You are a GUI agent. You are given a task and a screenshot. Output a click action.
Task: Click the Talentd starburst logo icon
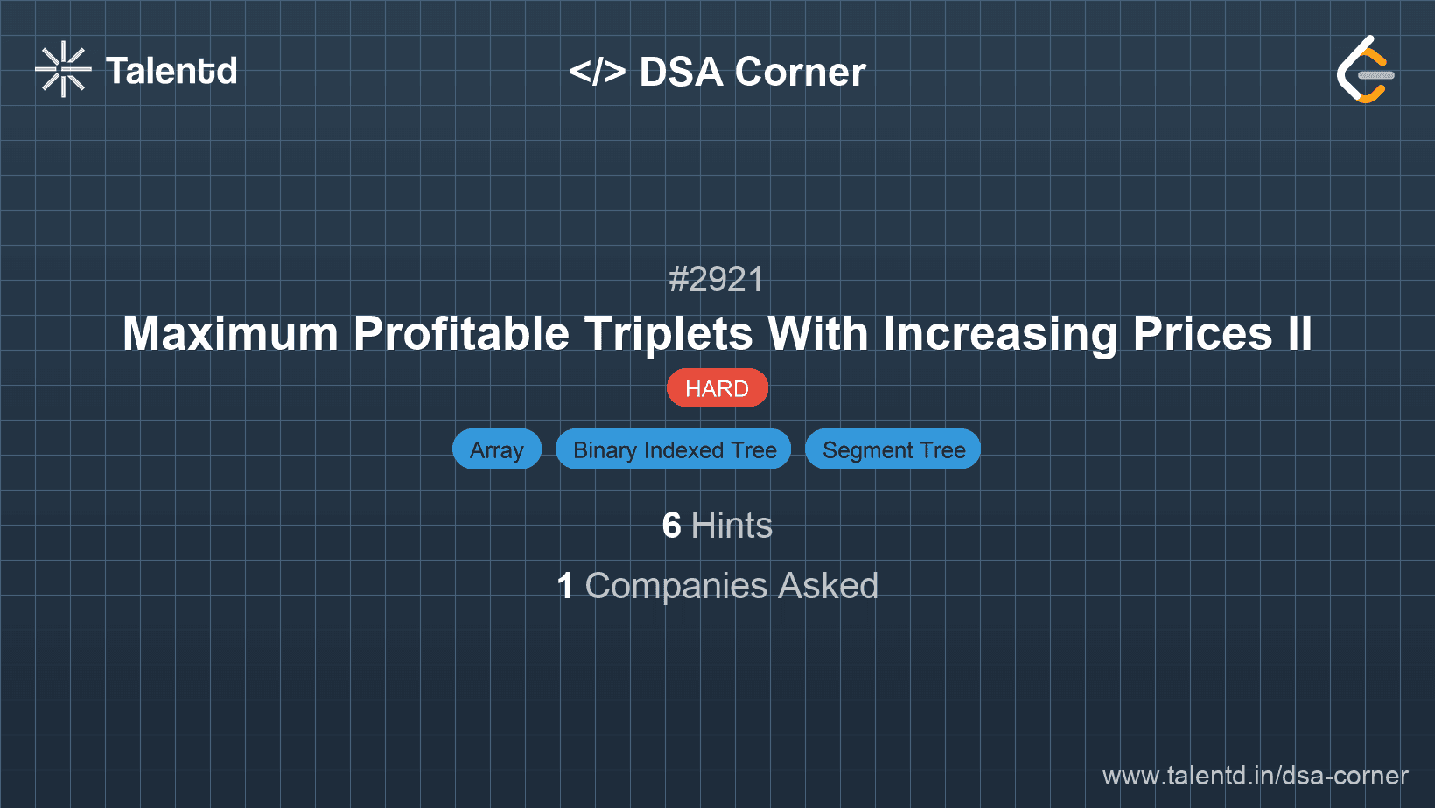pos(63,69)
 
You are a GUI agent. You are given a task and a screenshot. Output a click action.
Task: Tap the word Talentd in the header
pos(171,71)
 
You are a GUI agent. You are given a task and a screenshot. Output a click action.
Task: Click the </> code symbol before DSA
pos(598,72)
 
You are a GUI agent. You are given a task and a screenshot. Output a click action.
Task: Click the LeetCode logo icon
pos(1365,70)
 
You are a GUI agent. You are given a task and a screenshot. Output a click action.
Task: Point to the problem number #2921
pos(717,280)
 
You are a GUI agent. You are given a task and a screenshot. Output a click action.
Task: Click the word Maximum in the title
pos(230,334)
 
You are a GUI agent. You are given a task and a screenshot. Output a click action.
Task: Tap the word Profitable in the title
pos(461,334)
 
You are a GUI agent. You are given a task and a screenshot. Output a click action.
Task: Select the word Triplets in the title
pos(668,334)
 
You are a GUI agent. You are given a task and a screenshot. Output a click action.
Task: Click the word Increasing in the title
pos(1000,334)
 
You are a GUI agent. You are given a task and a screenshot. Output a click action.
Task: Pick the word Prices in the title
pos(1202,334)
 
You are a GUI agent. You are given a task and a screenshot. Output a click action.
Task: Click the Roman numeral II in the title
pos(1299,334)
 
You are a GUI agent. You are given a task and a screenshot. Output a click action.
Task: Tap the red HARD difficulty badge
pos(717,388)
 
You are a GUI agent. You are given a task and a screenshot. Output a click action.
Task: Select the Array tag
pos(497,449)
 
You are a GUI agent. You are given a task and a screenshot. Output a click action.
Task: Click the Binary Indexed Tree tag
pos(674,449)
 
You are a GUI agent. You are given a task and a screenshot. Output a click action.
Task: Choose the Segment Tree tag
pos(893,449)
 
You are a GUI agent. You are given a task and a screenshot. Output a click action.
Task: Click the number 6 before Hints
pos(671,526)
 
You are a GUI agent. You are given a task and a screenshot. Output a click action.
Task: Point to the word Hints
pos(731,526)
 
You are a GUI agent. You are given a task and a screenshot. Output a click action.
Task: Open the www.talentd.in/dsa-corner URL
pos(1255,776)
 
